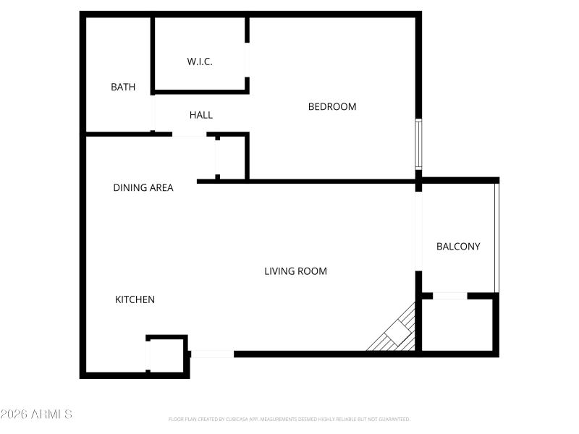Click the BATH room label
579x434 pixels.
click(123, 88)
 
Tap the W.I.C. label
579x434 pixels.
click(200, 61)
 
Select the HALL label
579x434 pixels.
click(201, 115)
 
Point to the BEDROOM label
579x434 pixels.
click(332, 107)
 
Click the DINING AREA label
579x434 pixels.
click(143, 188)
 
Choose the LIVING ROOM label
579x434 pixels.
click(295, 271)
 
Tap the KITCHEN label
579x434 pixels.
click(135, 299)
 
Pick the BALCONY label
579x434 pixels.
click(458, 247)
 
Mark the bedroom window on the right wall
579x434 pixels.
click(418, 144)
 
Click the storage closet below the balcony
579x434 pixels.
click(457, 325)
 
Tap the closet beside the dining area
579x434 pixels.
click(232, 157)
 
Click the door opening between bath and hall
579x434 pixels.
click(153, 112)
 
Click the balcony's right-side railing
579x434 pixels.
click(496, 237)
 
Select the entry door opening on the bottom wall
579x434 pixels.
click(212, 354)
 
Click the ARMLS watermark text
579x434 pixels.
click(36, 414)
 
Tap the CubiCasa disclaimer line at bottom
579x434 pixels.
click(289, 420)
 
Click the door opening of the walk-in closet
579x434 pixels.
click(248, 59)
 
